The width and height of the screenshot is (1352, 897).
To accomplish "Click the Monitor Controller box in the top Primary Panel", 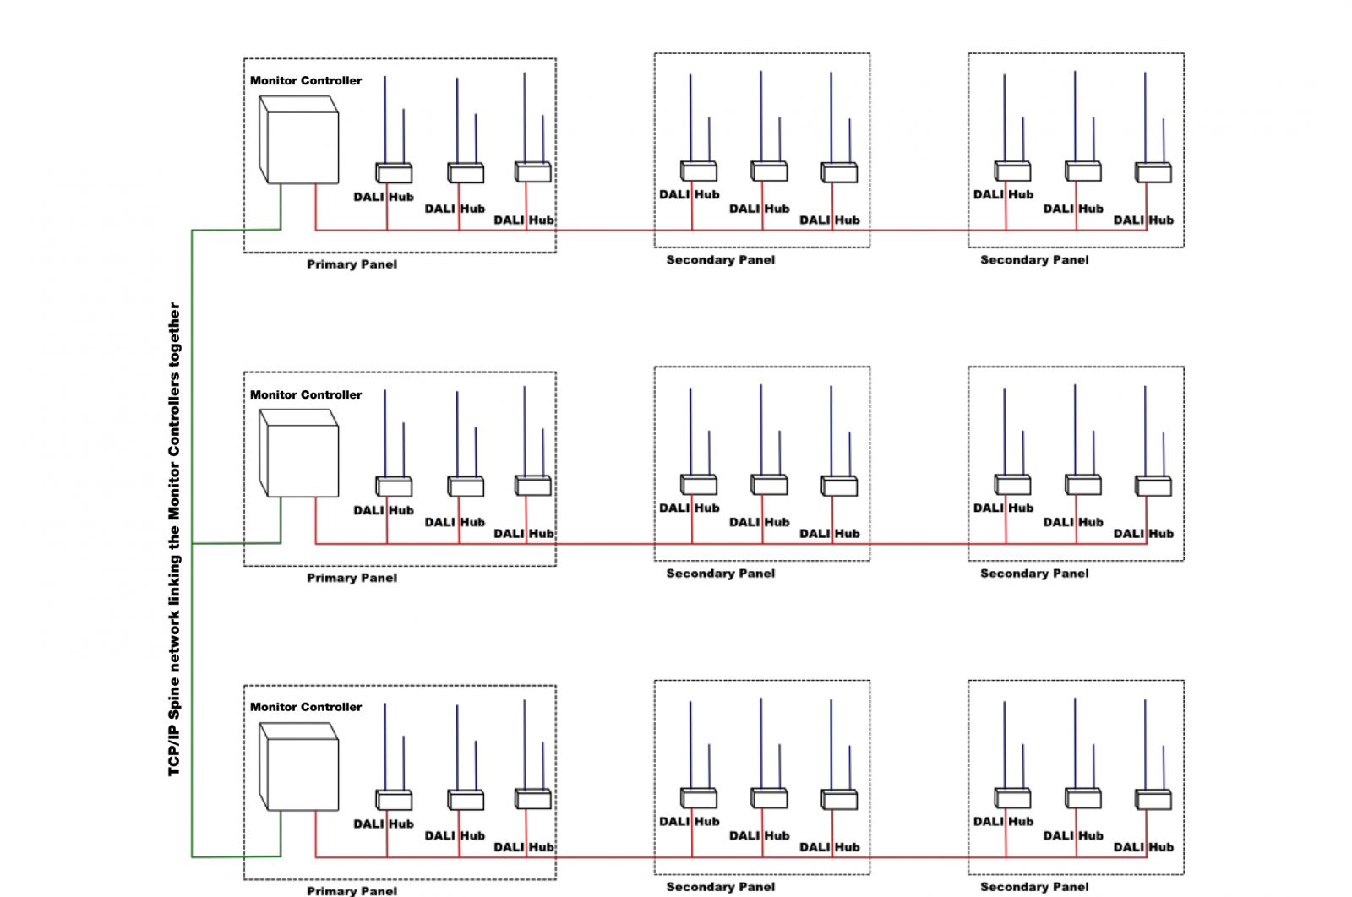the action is (x=299, y=139).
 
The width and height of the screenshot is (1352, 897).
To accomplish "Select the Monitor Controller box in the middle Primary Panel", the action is (x=299, y=453).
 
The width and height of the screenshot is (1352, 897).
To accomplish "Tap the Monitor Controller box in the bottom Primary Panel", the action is (x=299, y=767).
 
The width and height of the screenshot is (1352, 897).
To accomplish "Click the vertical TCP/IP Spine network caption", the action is (x=174, y=539).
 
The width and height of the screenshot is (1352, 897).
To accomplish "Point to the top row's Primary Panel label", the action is (x=352, y=264).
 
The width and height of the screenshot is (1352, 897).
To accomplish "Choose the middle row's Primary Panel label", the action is (x=352, y=578).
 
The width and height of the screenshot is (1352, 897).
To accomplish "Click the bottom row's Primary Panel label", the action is (x=352, y=891).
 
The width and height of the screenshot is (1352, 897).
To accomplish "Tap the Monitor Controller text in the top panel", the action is (x=306, y=81).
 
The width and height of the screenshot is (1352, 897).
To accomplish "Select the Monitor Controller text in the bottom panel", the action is (x=306, y=707).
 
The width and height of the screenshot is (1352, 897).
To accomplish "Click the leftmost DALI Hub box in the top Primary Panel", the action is (x=394, y=172).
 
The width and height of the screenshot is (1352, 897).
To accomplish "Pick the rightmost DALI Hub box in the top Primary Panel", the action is (x=533, y=172).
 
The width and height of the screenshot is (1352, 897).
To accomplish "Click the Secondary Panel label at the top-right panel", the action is (x=1034, y=260).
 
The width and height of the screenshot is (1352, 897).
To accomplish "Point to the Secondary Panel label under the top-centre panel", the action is (x=721, y=260).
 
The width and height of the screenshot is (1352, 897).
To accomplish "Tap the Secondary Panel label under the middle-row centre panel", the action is (x=721, y=574).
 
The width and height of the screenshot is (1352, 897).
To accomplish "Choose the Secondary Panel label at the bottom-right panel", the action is (x=1034, y=887).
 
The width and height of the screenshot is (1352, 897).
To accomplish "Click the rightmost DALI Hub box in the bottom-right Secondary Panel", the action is (x=1153, y=799).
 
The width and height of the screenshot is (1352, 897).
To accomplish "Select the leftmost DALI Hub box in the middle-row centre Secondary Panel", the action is (x=699, y=484).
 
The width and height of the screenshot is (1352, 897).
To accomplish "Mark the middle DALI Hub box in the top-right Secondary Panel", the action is (x=1083, y=171).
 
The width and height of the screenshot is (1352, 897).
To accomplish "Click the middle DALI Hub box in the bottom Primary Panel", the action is (x=466, y=800).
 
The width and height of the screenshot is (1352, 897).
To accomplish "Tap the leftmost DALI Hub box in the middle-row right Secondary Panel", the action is (x=1013, y=484).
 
